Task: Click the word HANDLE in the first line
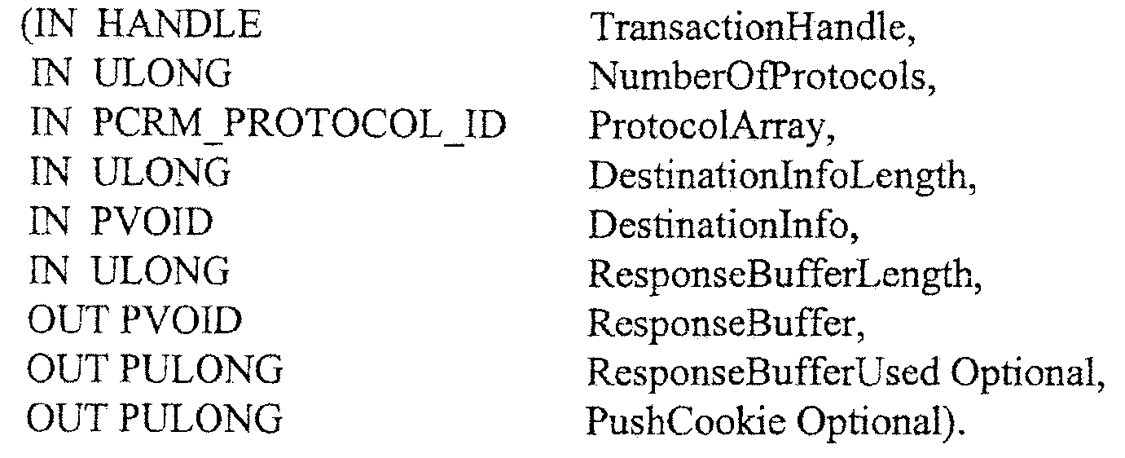click(x=178, y=25)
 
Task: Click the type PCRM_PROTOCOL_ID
click(x=299, y=125)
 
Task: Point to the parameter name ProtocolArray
click(x=711, y=126)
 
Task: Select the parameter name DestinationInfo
click(x=723, y=224)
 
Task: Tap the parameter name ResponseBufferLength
click(x=784, y=274)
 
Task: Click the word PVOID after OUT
click(x=182, y=320)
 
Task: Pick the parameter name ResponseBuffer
click(x=726, y=323)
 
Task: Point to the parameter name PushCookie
click(x=685, y=421)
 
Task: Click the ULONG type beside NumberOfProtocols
click(x=163, y=74)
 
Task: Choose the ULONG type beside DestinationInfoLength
click(x=162, y=173)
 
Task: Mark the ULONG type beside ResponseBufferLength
click(x=160, y=271)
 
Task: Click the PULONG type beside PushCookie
click(x=201, y=419)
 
